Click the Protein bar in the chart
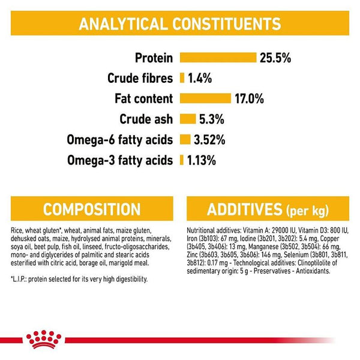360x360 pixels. point(217,58)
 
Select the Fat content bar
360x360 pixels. point(205,98)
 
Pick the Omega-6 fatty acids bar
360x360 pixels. point(184,140)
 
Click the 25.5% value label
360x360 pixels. point(275,58)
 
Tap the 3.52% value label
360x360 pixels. point(210,140)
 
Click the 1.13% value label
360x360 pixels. point(202,160)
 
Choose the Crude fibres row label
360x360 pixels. point(140,79)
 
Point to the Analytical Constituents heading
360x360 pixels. point(180,23)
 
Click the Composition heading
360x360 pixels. point(92,209)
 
